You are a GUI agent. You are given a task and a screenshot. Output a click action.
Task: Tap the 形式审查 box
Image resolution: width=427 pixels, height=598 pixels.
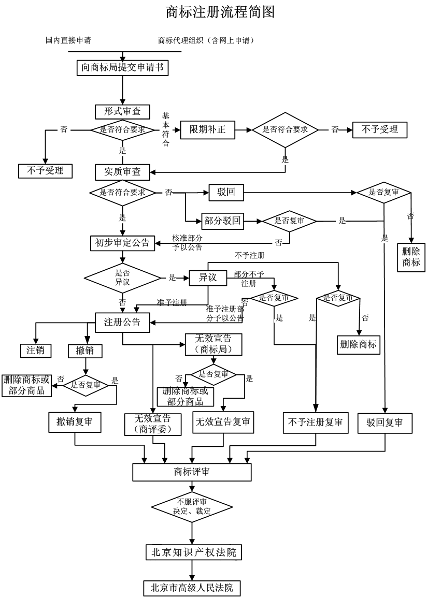[x=122, y=111]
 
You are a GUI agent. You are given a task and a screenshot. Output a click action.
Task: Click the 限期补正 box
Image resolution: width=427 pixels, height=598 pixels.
[x=207, y=129]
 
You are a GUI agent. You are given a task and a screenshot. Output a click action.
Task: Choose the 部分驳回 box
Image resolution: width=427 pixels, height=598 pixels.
[x=222, y=221]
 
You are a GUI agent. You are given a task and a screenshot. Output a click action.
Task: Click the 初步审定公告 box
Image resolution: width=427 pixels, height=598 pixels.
[x=122, y=243]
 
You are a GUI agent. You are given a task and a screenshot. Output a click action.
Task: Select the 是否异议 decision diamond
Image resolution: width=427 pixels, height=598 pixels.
[x=122, y=278]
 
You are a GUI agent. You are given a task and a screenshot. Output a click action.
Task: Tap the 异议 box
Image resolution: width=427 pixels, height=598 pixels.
[x=207, y=278]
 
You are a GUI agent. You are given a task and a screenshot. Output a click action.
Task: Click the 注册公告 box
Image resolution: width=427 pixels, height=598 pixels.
[x=122, y=322]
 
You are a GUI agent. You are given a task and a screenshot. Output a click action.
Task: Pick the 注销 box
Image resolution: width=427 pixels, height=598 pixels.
[x=36, y=350]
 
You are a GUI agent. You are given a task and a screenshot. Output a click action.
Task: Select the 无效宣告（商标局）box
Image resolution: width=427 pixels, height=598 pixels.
[x=213, y=344]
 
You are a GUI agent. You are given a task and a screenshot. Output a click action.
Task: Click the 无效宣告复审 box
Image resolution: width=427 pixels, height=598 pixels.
[x=223, y=422]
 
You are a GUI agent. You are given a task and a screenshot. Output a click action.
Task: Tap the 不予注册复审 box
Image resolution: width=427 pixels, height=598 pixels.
[x=315, y=422]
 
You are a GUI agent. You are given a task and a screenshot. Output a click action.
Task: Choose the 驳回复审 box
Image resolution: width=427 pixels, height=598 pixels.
[x=385, y=422]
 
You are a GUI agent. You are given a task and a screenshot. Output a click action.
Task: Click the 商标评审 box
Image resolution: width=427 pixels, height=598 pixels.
[x=192, y=472]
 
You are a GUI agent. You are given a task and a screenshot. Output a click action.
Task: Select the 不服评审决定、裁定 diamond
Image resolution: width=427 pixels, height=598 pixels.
[x=192, y=506]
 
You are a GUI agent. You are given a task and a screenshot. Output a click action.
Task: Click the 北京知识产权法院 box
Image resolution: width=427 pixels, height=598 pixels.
[x=193, y=552]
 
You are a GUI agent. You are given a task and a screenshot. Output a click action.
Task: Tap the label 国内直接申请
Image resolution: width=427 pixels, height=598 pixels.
[x=68, y=40]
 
